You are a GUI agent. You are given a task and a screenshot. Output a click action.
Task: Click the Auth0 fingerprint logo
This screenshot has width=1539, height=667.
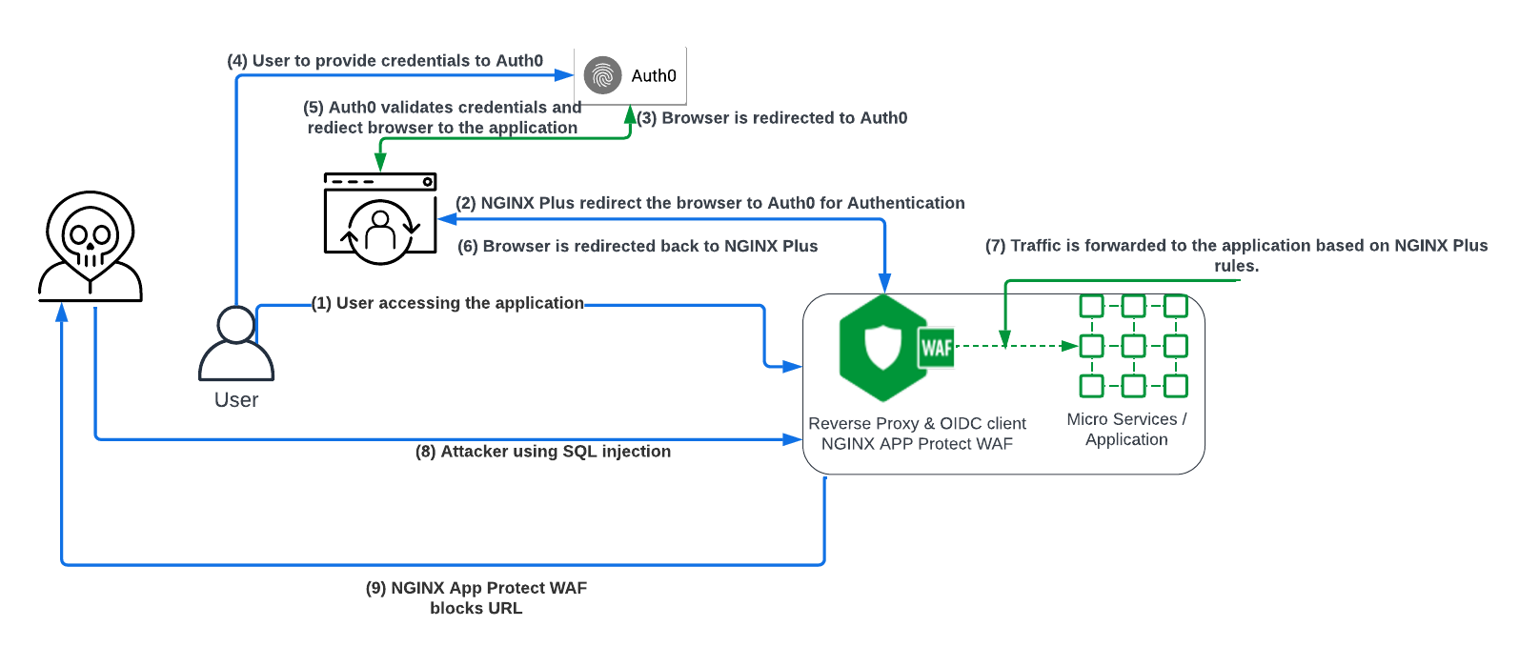(x=602, y=75)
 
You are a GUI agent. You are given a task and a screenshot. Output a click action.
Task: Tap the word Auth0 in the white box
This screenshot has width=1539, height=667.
(x=654, y=75)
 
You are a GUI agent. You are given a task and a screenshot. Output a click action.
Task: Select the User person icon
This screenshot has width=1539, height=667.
(x=236, y=343)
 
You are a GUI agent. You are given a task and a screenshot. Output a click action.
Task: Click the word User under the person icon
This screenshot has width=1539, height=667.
(x=236, y=400)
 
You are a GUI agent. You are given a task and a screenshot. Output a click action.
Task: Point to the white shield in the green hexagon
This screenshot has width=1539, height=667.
(x=883, y=347)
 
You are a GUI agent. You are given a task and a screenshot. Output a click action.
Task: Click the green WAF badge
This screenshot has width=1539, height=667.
(x=937, y=348)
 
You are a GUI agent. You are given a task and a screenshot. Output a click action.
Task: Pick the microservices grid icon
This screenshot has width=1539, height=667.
(x=1133, y=346)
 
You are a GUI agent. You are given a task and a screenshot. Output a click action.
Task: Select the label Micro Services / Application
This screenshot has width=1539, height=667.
(x=1126, y=429)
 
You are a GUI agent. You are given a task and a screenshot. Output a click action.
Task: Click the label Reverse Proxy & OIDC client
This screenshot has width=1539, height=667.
(x=917, y=423)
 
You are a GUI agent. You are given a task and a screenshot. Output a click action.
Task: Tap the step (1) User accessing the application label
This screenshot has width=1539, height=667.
(x=448, y=303)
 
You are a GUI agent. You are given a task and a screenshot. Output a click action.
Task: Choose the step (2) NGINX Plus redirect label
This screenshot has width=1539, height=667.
(x=710, y=203)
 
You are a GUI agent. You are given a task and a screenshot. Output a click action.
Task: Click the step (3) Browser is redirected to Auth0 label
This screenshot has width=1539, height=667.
(x=773, y=118)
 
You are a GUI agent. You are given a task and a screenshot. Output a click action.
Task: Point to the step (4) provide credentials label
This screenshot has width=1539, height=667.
(x=385, y=61)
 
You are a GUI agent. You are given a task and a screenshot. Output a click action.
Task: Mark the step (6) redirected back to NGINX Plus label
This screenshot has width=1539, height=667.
(x=638, y=247)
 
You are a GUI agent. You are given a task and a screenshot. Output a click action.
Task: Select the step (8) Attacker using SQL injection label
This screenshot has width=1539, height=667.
(x=543, y=452)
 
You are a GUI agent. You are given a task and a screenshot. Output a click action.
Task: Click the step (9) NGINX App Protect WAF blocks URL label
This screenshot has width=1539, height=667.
(x=476, y=598)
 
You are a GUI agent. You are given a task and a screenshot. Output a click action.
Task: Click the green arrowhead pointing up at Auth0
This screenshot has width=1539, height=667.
(x=630, y=114)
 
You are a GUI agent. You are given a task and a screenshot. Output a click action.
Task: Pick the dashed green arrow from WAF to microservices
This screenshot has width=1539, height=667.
(x=1020, y=346)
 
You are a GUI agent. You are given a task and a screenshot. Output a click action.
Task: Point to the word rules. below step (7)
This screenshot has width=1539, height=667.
(x=1236, y=267)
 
